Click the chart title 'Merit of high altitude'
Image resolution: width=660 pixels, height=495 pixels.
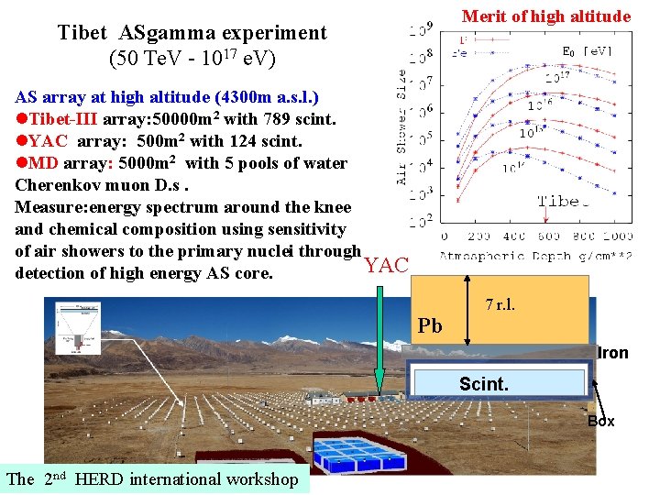pos(545,16)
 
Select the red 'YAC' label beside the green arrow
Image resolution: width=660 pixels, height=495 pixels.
pos(386,266)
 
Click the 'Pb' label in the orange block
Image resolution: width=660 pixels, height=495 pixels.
pos(430,325)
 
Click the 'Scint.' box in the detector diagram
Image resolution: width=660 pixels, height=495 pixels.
pos(483,384)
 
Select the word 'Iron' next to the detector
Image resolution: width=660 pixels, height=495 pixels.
pos(612,353)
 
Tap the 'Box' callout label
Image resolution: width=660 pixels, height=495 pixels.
pos(600,422)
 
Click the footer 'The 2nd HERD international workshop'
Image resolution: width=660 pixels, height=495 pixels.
pos(152,478)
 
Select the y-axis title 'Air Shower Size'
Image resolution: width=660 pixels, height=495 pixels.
pos(402,128)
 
